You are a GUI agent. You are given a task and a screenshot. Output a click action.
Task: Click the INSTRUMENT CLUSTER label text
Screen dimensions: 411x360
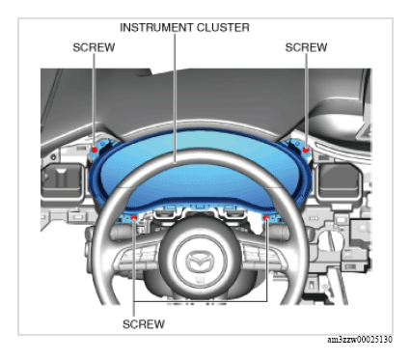[x=184, y=28]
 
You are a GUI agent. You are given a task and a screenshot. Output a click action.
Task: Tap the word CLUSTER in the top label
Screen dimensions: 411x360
[x=223, y=28]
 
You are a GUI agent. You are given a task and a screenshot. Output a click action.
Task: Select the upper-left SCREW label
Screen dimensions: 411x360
[x=94, y=47]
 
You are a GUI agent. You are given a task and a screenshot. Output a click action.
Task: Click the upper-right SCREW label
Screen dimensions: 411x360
[x=306, y=47]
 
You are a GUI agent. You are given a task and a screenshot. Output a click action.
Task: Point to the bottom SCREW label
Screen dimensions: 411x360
[x=144, y=324]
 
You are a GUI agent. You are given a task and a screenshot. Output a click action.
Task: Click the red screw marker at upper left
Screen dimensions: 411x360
[x=95, y=150]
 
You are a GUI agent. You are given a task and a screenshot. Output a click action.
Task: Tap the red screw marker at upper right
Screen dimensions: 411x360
[x=306, y=150]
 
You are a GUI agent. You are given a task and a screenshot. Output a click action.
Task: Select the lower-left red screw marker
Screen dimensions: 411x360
[x=134, y=218]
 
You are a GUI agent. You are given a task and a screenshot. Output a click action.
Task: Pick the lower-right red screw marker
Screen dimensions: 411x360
[x=266, y=218]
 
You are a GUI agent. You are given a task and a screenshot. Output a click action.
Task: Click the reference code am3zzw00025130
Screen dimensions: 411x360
[x=360, y=340]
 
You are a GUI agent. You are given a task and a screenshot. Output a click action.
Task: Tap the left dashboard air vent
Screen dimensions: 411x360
[x=62, y=180]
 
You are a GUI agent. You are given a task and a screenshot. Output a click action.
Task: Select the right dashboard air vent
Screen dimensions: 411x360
[x=339, y=180]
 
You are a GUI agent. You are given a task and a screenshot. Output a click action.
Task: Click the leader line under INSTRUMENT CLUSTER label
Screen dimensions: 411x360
[x=176, y=98]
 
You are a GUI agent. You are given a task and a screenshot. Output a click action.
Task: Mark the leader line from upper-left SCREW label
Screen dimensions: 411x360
[x=94, y=100]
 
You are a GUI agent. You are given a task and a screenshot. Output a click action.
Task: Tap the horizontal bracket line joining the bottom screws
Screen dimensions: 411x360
[x=200, y=301]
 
